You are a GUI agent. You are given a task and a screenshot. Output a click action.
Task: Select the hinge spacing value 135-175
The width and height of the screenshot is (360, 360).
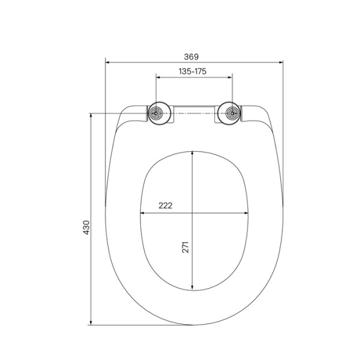click(193, 71)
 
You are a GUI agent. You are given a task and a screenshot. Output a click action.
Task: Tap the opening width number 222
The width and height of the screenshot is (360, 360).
click(165, 205)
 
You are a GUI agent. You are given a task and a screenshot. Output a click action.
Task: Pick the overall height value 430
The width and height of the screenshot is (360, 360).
click(86, 227)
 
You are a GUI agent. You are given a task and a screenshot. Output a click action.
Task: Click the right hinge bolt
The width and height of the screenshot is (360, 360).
click(231, 113)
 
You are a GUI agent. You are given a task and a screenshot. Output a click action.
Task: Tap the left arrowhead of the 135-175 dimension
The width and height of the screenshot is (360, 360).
click(158, 77)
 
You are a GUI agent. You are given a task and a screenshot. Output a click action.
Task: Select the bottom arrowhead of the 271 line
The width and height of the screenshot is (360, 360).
click(193, 287)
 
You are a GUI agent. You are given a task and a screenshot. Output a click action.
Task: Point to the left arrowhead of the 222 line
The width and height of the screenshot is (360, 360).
click(142, 212)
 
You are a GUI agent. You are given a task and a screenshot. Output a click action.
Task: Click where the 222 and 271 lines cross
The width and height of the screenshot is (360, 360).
click(193, 212)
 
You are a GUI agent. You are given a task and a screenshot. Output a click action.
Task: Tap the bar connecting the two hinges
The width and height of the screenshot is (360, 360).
click(193, 110)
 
